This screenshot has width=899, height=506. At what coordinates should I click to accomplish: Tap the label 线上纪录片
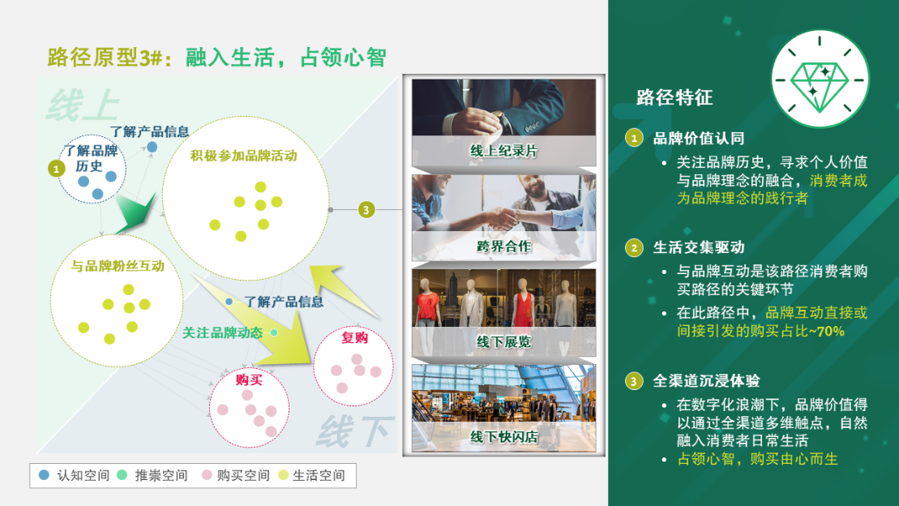504,151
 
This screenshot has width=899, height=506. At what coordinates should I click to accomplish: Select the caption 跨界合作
504,247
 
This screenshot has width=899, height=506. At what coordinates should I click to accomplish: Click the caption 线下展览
504,342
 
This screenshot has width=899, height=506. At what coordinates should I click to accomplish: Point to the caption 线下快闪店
504,436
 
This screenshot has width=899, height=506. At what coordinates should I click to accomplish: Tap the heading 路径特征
674,97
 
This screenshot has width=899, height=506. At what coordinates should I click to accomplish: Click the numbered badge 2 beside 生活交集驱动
634,248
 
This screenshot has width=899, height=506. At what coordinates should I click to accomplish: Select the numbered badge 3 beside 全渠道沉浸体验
634,381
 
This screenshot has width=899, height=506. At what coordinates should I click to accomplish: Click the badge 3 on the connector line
366,210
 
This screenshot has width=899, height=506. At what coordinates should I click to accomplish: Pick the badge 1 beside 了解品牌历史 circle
56,169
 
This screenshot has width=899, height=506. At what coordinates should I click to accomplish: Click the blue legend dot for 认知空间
44,475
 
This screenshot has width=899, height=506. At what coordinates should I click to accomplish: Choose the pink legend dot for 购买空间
207,475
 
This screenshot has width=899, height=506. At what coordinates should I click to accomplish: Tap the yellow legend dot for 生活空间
283,475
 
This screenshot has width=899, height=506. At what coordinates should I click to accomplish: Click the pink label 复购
354,337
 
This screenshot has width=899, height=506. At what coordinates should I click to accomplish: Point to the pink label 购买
249,379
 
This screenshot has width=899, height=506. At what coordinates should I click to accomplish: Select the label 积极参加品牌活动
244,156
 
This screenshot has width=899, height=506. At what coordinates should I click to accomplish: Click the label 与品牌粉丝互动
118,266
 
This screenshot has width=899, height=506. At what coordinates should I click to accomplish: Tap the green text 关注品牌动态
222,332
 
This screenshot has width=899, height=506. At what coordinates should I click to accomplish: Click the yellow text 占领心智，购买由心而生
757,459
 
